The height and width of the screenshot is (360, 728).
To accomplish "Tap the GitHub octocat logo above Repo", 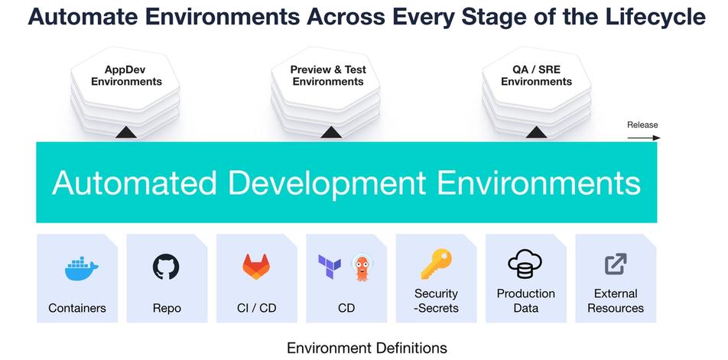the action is tap(166, 266).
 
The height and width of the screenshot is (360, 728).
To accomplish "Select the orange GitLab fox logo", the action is tap(256, 266).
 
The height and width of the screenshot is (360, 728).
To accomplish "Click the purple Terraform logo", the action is tap(330, 266).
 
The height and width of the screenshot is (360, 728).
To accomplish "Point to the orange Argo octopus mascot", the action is tap(362, 267).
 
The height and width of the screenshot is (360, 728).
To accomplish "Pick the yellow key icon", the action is tap(437, 264).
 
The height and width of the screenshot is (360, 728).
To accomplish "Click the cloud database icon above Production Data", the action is tap(525, 265).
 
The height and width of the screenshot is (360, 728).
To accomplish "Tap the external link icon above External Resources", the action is tap(616, 264).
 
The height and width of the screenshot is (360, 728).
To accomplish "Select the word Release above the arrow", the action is tap(642, 125).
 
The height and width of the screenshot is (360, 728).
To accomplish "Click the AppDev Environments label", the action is tap(126, 76).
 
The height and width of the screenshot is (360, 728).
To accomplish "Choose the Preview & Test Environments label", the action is tap(328, 76).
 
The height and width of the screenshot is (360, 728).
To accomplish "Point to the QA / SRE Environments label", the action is tap(536, 76).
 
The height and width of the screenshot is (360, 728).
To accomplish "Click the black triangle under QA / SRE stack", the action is tap(536, 133).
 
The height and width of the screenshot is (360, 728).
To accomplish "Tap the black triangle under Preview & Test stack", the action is tap(331, 133).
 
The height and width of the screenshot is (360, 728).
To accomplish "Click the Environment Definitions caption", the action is tap(366, 349).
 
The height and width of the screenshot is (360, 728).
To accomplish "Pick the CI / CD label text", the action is tap(256, 309).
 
